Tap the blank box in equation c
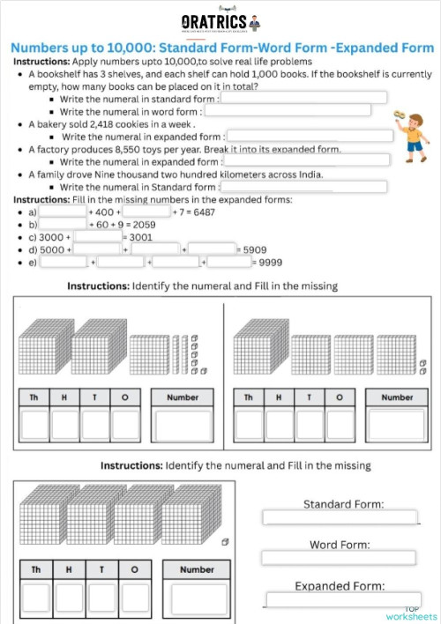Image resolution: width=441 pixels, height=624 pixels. [x=97, y=237]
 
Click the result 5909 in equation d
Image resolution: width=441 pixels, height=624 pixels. [x=254, y=249]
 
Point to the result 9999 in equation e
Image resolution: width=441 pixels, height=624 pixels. [x=269, y=262]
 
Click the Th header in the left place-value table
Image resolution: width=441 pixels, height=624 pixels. [x=34, y=397]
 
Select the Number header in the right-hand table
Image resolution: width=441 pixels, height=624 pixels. [x=397, y=397]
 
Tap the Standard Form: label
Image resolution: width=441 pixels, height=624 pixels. [x=342, y=504]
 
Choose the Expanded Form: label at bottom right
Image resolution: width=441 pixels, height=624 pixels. [x=340, y=585]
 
